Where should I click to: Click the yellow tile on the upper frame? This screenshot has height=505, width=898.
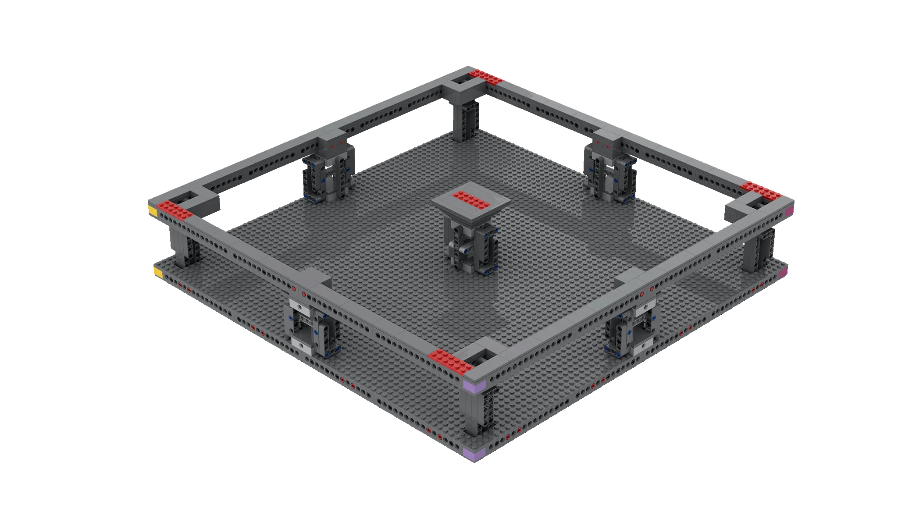[x=153, y=211]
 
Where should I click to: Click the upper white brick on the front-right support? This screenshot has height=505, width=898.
[x=645, y=308]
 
